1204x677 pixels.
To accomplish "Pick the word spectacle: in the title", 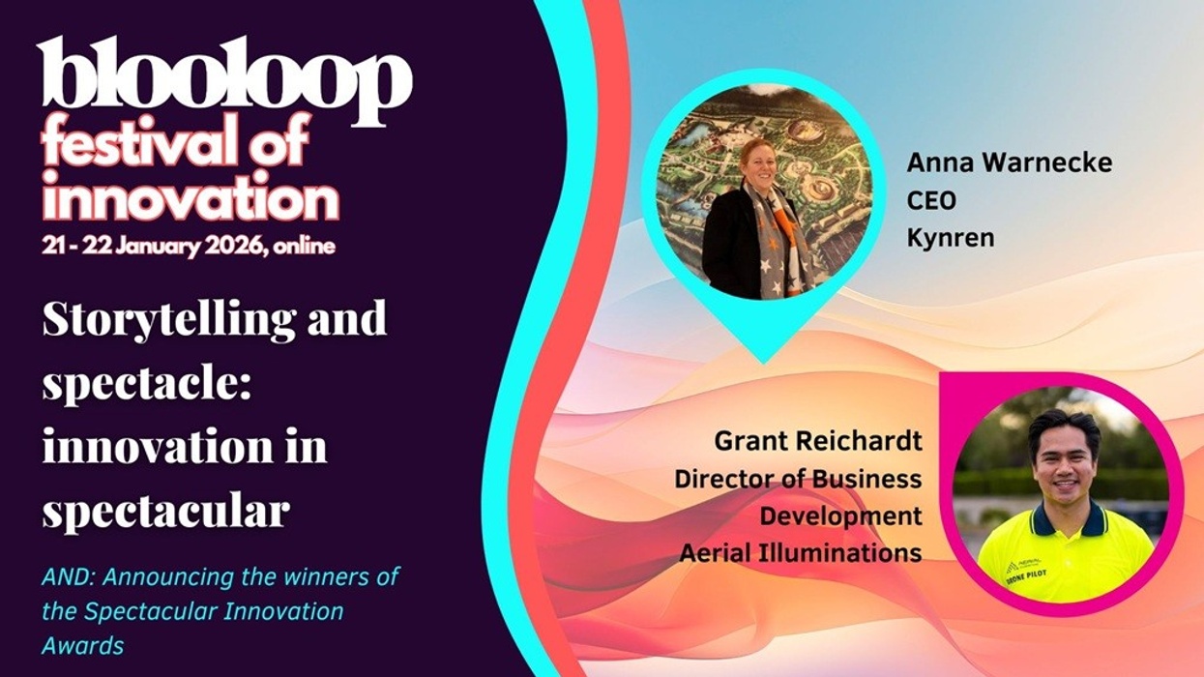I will (x=146, y=385).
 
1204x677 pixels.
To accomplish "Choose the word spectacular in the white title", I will (x=165, y=510).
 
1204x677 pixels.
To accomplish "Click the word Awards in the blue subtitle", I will (x=82, y=645).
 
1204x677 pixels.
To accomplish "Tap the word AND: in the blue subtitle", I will (x=69, y=577).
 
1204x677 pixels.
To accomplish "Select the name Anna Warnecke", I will (x=1009, y=163).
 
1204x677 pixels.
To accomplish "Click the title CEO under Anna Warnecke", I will (x=930, y=200).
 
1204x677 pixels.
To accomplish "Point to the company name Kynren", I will (x=950, y=237).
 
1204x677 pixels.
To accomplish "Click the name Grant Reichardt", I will (x=818, y=441).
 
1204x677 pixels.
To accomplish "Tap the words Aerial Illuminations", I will (x=801, y=552).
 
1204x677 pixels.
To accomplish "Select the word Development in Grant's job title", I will (x=840, y=515).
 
